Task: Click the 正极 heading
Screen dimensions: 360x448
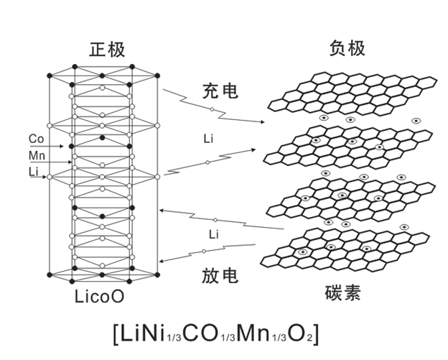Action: coord(108,50)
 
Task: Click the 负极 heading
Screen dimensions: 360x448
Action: coord(347,48)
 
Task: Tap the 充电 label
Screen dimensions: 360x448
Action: coord(220,91)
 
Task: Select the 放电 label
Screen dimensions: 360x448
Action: coord(220,275)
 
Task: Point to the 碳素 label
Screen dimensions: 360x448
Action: coord(342,292)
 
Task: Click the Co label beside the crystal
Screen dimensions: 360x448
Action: coord(37,139)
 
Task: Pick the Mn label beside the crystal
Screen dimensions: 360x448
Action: coord(37,155)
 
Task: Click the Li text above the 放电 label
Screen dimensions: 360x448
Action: coord(213,234)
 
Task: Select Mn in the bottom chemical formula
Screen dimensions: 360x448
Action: coord(256,334)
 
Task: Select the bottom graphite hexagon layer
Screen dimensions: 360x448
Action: coord(352,248)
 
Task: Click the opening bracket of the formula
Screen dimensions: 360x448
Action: coord(118,335)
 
